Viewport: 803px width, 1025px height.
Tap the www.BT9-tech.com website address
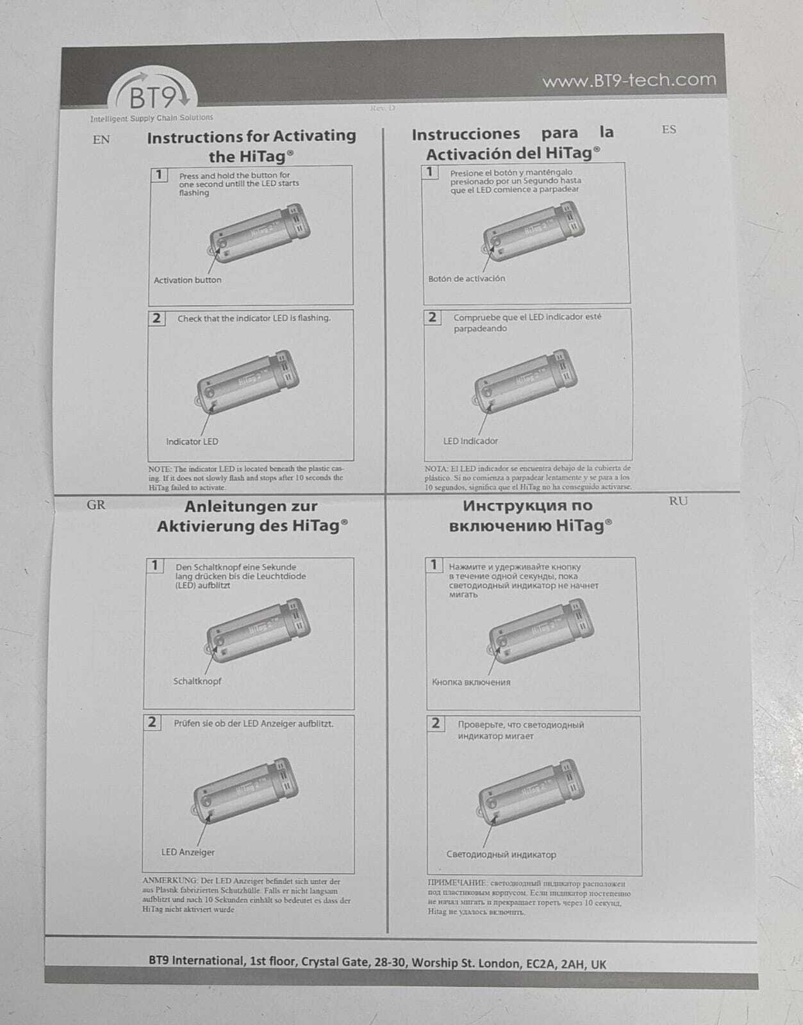[x=629, y=81]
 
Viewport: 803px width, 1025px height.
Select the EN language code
[x=101, y=140]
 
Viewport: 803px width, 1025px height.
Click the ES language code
[x=668, y=130]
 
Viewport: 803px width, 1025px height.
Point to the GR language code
[x=96, y=505]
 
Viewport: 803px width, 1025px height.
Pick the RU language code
[x=678, y=501]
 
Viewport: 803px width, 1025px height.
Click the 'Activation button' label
[x=187, y=280]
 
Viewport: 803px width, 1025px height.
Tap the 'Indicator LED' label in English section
[x=192, y=441]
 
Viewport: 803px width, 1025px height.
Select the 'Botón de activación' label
[x=467, y=279]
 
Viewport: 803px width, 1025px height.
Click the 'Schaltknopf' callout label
[x=197, y=681]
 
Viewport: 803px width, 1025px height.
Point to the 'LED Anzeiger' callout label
[x=188, y=852]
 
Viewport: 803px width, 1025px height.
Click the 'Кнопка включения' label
[x=471, y=682]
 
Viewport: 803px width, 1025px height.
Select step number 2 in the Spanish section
[x=432, y=317]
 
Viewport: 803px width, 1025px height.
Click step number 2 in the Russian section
[x=435, y=723]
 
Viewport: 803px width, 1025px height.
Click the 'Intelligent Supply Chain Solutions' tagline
[x=151, y=118]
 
